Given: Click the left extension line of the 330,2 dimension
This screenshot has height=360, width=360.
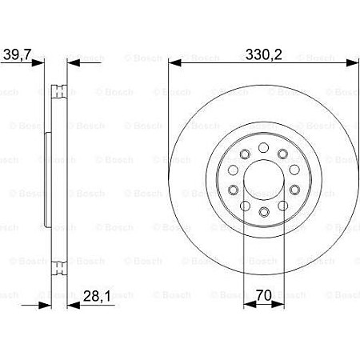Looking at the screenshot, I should pyautogui.click(x=169, y=120).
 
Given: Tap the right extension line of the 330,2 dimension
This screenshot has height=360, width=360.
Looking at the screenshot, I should pyautogui.click(x=356, y=120).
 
